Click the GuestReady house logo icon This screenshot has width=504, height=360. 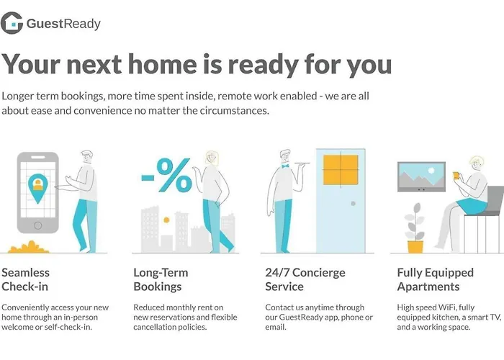(x=12, y=23)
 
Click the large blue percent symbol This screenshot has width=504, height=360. (x=174, y=175)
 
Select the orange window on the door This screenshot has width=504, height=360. (x=341, y=170)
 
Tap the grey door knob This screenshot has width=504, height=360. (x=354, y=204)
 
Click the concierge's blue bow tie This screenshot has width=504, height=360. (x=285, y=166)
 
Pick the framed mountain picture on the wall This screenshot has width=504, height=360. (x=421, y=176)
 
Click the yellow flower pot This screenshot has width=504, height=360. (x=415, y=247)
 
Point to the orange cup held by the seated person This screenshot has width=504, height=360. (x=456, y=176)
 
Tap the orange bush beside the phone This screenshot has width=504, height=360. (x=28, y=247)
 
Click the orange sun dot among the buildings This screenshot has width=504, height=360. (x=166, y=220)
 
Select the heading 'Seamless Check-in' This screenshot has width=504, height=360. (x=26, y=279)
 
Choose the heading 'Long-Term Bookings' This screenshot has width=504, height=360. (x=161, y=279)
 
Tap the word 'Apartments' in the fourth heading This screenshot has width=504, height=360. (x=428, y=287)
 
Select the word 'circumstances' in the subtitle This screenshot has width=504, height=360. (x=235, y=111)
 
